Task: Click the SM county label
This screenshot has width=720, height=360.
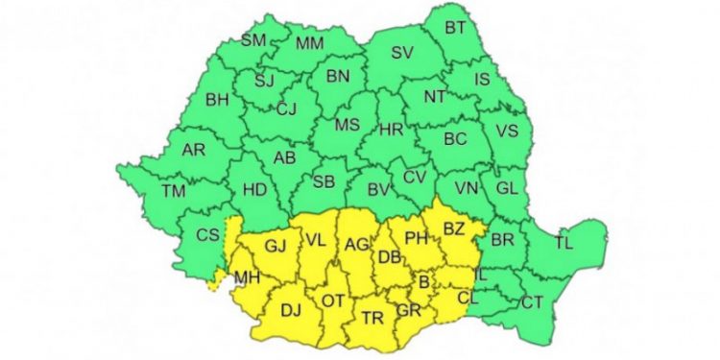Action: tap(252, 40)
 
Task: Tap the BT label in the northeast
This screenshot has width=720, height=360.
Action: tap(455, 29)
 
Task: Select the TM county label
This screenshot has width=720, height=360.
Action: tap(174, 191)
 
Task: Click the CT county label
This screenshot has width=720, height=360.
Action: tap(532, 302)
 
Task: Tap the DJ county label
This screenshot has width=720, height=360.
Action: tap(291, 310)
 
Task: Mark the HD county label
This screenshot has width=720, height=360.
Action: tap(254, 190)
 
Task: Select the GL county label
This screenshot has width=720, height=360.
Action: tap(507, 188)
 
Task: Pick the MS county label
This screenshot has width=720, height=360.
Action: tap(347, 126)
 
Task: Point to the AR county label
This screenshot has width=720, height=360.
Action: tap(194, 149)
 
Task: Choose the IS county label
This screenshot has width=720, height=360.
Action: tap(483, 78)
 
